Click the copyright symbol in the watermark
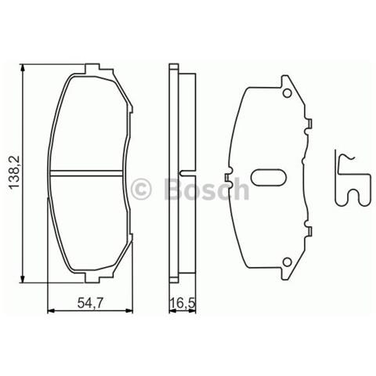142,190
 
